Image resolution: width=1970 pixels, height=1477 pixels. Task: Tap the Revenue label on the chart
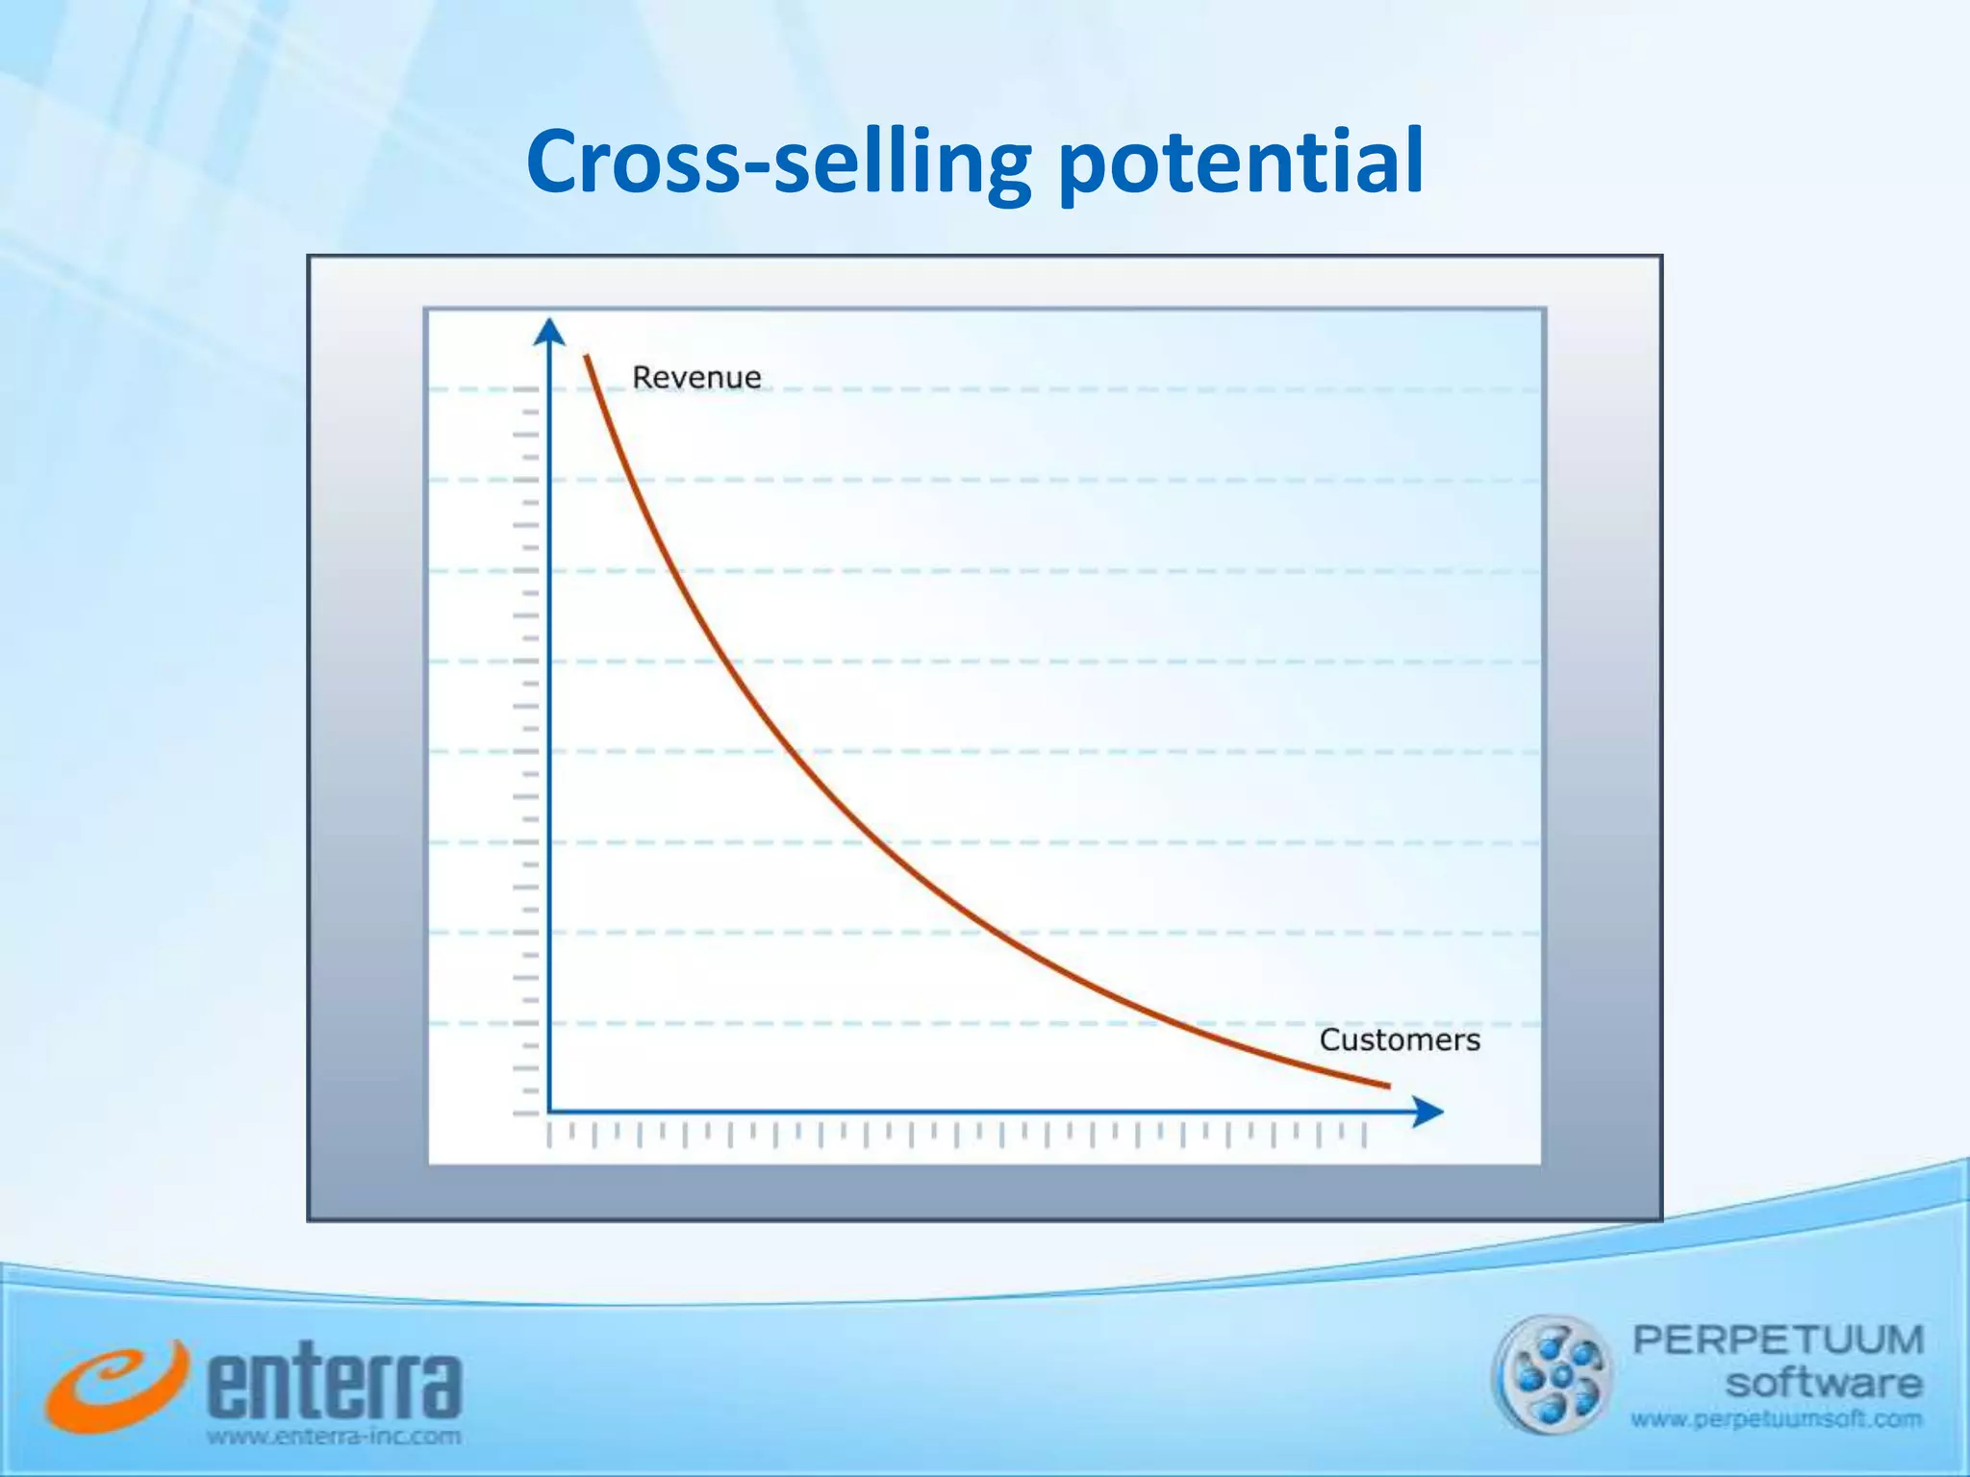pos(696,377)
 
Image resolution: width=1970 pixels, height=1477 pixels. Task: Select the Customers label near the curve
pos(1400,1039)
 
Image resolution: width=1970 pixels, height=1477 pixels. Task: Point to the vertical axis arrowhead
pos(549,331)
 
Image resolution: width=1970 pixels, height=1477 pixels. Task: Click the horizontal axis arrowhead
pos(1429,1113)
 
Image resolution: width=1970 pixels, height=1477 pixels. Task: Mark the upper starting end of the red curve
pos(586,358)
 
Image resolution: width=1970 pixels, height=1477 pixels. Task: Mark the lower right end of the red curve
pos(1388,1086)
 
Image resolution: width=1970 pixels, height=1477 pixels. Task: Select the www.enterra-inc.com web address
pos(335,1438)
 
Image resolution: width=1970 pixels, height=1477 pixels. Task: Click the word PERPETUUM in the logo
pos(1778,1339)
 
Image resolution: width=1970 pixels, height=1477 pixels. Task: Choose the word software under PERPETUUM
pos(1824,1384)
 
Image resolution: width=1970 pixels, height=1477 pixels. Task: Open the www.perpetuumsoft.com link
pos(1776,1419)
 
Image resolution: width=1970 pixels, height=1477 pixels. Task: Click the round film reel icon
pos(1550,1375)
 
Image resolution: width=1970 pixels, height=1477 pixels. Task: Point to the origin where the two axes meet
pos(549,1113)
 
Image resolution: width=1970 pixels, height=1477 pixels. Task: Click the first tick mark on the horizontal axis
pos(549,1136)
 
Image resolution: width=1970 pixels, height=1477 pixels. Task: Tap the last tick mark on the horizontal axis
pos(1364,1136)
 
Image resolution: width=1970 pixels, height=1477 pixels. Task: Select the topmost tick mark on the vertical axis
pos(525,389)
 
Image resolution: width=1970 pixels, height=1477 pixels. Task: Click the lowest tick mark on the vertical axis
pos(525,1114)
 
